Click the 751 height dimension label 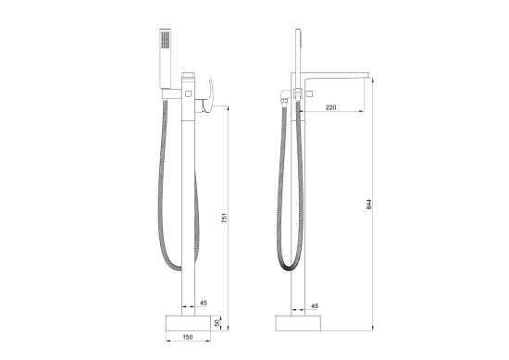pos(226,218)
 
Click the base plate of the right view pos(300,320)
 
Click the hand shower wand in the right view pos(300,56)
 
